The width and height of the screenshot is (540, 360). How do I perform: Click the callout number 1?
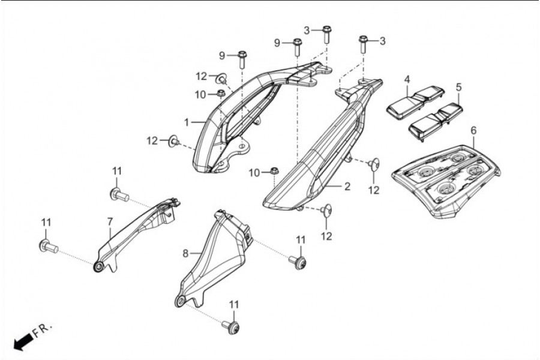[x=187, y=122]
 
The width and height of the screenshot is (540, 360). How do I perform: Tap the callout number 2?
[x=347, y=187]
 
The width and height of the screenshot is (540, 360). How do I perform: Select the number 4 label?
[x=407, y=79]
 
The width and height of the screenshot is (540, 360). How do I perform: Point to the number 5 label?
[x=458, y=87]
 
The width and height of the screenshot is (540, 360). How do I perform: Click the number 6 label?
[x=474, y=130]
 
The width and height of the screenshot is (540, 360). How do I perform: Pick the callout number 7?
[x=109, y=221]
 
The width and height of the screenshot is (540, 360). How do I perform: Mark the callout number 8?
[x=185, y=253]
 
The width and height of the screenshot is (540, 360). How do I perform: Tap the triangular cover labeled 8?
[x=213, y=258]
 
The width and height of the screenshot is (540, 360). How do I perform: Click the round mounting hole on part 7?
[x=97, y=266]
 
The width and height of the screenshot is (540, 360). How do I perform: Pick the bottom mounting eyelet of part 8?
[x=179, y=301]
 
